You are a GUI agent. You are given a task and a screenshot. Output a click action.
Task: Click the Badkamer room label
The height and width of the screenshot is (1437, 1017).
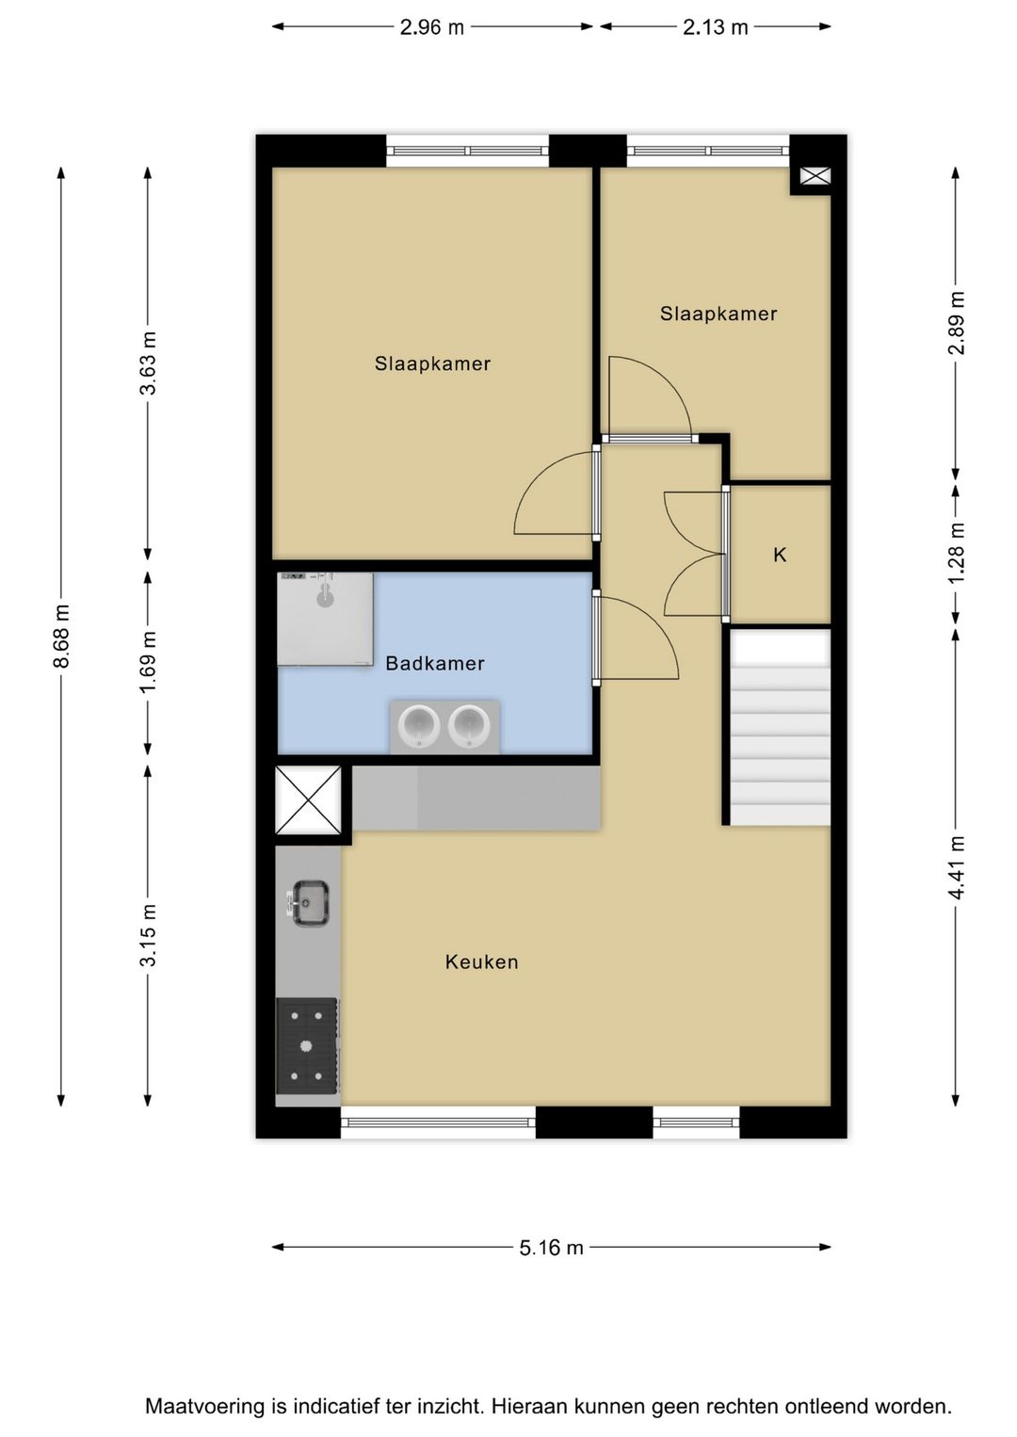pyautogui.click(x=434, y=663)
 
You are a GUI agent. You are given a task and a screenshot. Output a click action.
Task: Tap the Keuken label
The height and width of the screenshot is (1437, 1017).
pyautogui.click(x=481, y=962)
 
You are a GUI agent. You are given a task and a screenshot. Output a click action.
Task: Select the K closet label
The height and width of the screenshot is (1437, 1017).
pyautogui.click(x=780, y=555)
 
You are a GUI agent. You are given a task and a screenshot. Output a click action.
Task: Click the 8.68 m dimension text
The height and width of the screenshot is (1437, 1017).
pyautogui.click(x=61, y=636)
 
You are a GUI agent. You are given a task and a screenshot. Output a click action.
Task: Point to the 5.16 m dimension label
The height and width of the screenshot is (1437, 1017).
pyautogui.click(x=551, y=1248)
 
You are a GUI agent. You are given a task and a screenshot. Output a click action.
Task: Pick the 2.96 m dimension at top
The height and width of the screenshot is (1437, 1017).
pyautogui.click(x=432, y=27)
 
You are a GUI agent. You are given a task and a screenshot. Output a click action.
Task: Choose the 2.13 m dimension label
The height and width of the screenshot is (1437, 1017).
pyautogui.click(x=716, y=27)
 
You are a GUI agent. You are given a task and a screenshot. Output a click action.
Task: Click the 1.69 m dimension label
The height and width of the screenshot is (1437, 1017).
pyautogui.click(x=148, y=661)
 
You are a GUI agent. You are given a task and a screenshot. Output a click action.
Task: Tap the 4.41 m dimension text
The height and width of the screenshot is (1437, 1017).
pyautogui.click(x=956, y=867)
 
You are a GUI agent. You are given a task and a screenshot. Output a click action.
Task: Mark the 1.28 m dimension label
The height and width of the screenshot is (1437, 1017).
pyautogui.click(x=956, y=554)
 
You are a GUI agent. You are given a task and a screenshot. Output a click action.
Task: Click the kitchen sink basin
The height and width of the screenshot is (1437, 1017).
pyautogui.click(x=311, y=903)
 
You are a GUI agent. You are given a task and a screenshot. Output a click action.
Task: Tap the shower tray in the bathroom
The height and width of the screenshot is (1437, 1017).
pyautogui.click(x=325, y=619)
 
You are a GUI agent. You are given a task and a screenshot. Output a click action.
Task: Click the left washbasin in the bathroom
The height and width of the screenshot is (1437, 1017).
pyautogui.click(x=419, y=725)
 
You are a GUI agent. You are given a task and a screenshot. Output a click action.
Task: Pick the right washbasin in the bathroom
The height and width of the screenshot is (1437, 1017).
pyautogui.click(x=470, y=725)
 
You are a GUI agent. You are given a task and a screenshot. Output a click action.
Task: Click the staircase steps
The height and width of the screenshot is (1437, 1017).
pyautogui.click(x=781, y=727)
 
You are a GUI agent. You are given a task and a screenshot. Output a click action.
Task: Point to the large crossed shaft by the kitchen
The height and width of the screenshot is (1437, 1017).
pyautogui.click(x=308, y=800)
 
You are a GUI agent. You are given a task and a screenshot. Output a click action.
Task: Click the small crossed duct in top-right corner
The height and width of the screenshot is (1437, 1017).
pyautogui.click(x=815, y=176)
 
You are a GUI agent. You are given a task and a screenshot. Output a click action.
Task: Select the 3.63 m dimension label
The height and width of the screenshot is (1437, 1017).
pyautogui.click(x=148, y=363)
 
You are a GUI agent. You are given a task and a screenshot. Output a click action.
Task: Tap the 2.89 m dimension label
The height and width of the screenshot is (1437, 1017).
pyautogui.click(x=956, y=323)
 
